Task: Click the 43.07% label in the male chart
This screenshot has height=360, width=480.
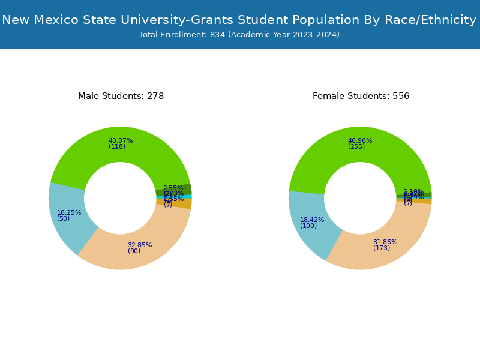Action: (x=121, y=140)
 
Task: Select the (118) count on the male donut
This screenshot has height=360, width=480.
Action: (x=117, y=146)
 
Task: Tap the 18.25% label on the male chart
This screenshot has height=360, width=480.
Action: (x=69, y=212)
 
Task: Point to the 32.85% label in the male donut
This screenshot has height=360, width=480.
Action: (x=140, y=245)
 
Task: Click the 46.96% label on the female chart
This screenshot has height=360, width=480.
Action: (x=360, y=140)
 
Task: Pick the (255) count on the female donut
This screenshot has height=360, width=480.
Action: (x=356, y=146)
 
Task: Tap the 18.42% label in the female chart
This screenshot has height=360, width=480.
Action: (x=312, y=220)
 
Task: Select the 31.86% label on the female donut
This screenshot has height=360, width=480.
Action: (x=385, y=242)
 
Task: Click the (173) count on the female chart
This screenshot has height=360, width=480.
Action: (x=382, y=248)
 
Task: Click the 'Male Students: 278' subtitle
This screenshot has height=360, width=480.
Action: (x=121, y=96)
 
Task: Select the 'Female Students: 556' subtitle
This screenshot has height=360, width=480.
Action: (x=361, y=96)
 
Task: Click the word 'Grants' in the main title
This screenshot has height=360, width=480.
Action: (x=214, y=20)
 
